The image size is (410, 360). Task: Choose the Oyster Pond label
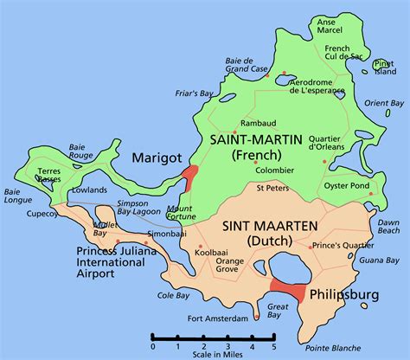point(346,183)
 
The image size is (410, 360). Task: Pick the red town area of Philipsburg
point(286,293)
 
